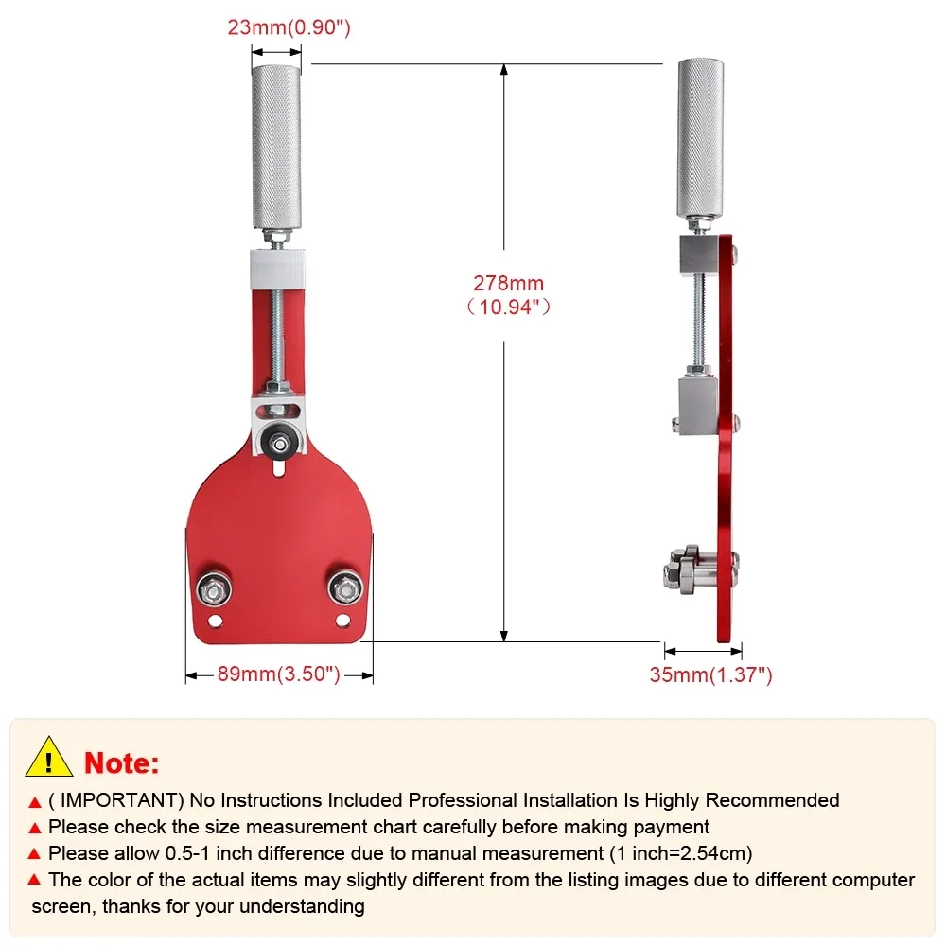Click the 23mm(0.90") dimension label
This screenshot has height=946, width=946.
(289, 27)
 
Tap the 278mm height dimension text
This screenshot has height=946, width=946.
(509, 295)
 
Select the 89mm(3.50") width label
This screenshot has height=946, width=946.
(279, 674)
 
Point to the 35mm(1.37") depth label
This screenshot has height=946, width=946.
(710, 674)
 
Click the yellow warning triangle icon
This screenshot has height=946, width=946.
(49, 758)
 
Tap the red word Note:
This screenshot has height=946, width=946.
(122, 762)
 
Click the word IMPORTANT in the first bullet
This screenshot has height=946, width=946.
(118, 800)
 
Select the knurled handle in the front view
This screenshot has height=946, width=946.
(276, 147)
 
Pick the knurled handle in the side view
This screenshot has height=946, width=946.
(700, 138)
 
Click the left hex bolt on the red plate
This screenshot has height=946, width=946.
(214, 588)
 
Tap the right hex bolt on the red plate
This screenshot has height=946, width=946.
(345, 587)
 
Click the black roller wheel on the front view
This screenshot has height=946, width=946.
(279, 445)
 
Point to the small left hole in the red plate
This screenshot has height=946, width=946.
(216, 621)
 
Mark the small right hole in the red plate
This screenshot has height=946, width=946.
(343, 620)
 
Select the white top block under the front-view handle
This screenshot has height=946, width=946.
(277, 269)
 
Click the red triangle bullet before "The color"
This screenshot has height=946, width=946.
(34, 880)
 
